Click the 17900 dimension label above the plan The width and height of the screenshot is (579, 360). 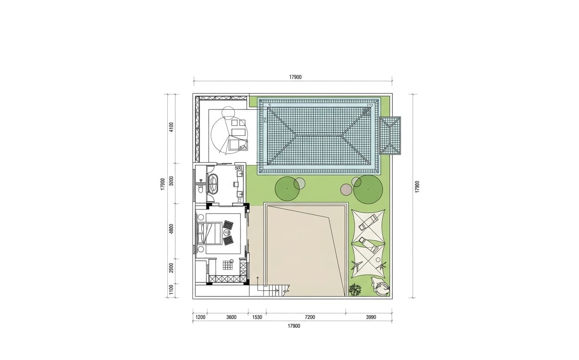pyautogui.click(x=295, y=77)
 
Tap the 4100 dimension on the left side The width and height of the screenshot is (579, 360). pyautogui.click(x=171, y=127)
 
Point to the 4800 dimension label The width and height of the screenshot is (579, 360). pyautogui.click(x=171, y=229)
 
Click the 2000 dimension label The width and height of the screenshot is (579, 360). pyautogui.click(x=171, y=268)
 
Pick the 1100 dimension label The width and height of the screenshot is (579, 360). pyautogui.click(x=171, y=289)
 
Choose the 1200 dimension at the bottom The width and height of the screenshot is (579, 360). pyautogui.click(x=200, y=317)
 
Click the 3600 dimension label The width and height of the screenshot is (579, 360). pyautogui.click(x=231, y=317)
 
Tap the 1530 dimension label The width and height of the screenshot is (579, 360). pyautogui.click(x=257, y=317)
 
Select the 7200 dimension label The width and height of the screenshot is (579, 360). pyautogui.click(x=310, y=317)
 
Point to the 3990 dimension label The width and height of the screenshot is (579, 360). pyautogui.click(x=371, y=317)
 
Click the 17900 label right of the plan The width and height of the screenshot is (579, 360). pyautogui.click(x=417, y=187)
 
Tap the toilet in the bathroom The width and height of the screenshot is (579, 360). pyautogui.click(x=201, y=189)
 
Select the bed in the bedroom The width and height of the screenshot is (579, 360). pyautogui.click(x=209, y=233)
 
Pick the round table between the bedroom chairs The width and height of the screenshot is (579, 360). pyautogui.click(x=227, y=233)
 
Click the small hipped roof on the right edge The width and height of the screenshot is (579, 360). pyautogui.click(x=390, y=136)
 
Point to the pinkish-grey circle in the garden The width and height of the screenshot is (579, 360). pyautogui.click(x=346, y=189)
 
